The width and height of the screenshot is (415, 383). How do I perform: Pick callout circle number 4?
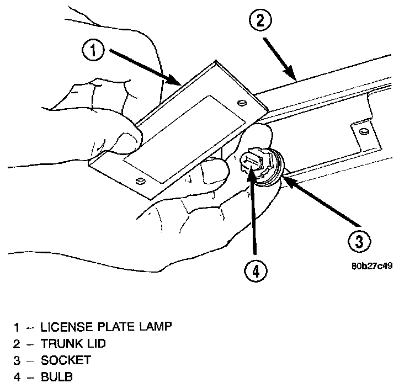point(256,270)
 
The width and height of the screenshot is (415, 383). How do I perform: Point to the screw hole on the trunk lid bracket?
point(364,130)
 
